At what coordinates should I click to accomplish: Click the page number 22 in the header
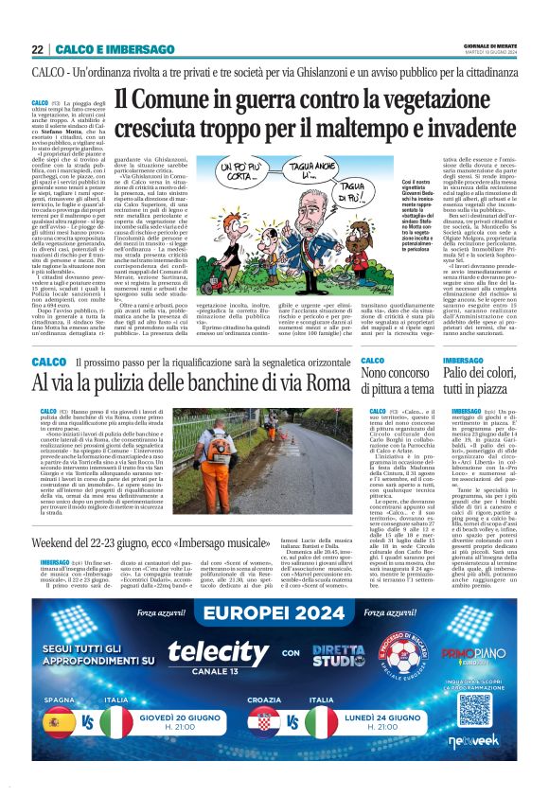coord(37,50)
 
